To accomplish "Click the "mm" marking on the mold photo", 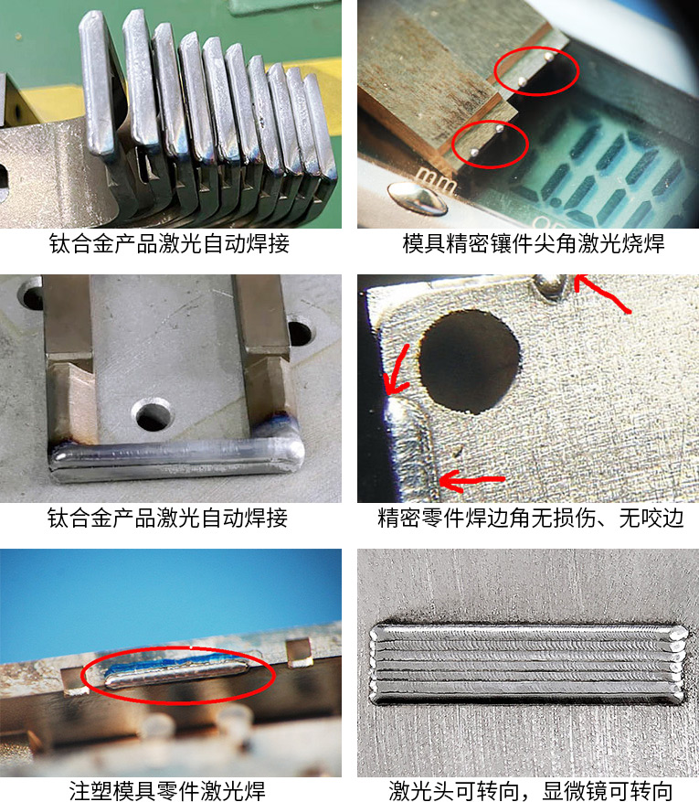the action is point(436,179).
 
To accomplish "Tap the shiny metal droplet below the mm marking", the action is point(418,199).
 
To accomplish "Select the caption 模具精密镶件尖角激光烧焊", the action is point(534,243).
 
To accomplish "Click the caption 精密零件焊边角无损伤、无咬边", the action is point(530,518).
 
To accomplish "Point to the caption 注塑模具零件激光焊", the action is point(167,791).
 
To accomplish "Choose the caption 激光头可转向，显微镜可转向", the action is point(530,791).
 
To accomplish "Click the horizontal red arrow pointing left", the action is point(472,481).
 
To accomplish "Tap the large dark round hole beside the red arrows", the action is point(470,360).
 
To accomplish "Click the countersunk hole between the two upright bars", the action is point(153,414).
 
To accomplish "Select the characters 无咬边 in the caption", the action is point(651,518).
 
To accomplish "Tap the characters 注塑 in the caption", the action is point(90,791).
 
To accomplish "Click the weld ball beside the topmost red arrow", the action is point(550,285).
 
